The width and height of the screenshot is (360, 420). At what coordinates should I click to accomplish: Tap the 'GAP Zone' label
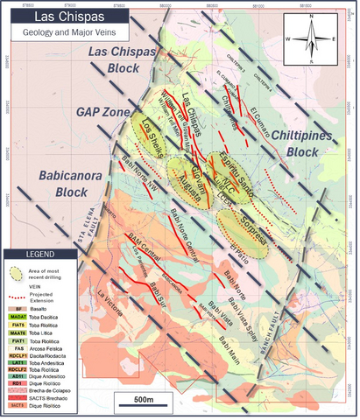click(101, 114)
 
